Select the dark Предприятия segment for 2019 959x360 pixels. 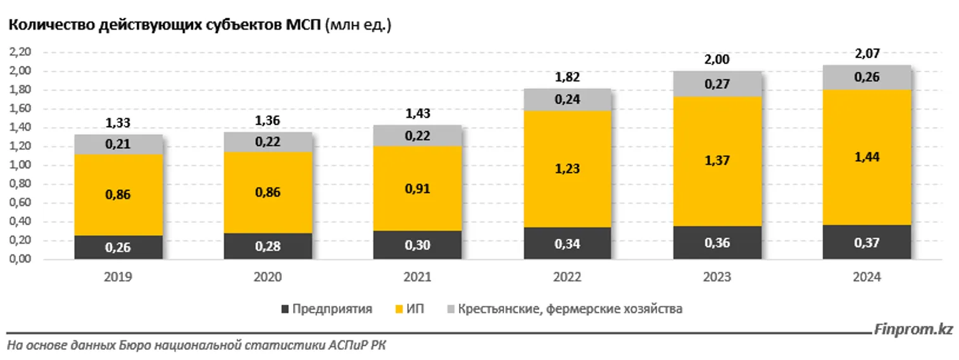click(118, 247)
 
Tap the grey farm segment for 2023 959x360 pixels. click(717, 84)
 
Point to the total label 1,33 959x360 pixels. click(118, 123)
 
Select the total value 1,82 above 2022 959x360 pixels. click(567, 78)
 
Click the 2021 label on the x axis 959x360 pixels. click(417, 277)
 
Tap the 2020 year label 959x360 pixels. click(268, 277)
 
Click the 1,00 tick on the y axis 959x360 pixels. click(23, 166)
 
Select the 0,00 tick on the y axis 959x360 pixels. click(23, 259)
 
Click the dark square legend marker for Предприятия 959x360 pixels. click(286, 309)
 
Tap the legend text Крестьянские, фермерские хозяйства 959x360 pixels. click(570, 309)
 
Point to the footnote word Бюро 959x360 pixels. click(130, 345)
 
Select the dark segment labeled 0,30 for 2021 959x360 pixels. click(417, 245)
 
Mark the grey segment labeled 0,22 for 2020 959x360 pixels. click(268, 142)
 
